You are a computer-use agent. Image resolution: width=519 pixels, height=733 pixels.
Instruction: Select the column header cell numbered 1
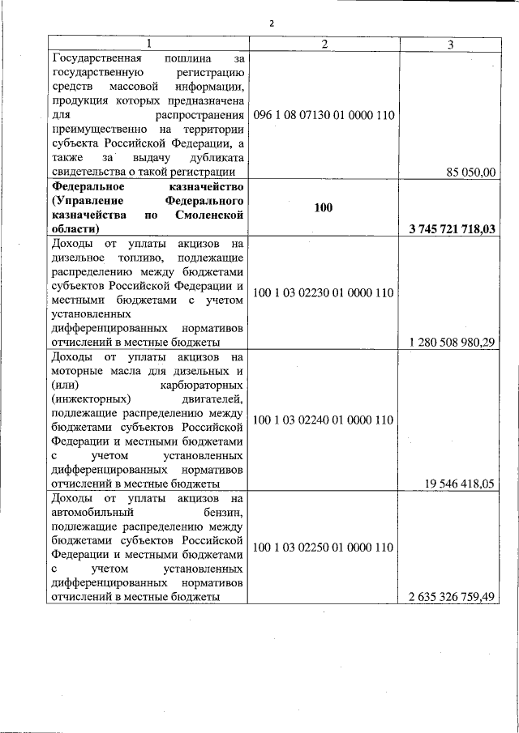coord(147,43)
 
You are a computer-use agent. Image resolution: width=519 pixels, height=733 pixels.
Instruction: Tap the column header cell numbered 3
coord(450,44)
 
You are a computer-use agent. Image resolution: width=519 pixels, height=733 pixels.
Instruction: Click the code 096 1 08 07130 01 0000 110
coord(324,115)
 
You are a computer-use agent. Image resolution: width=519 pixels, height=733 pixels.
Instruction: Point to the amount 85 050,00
coord(470,171)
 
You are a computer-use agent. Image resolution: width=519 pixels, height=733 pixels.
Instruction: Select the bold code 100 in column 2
coord(324,207)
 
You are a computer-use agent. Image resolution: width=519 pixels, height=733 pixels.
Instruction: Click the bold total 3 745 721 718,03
coord(452,230)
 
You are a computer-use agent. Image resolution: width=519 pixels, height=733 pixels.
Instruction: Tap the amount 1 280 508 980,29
coord(452,342)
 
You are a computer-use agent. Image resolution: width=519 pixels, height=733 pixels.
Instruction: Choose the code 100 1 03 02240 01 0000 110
coord(324,420)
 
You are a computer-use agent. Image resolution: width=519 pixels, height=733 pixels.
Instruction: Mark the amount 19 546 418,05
coord(459,484)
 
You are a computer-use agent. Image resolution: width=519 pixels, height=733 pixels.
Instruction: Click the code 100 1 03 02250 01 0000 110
coord(324,548)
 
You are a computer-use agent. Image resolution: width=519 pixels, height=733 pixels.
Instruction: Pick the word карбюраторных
coord(202,385)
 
